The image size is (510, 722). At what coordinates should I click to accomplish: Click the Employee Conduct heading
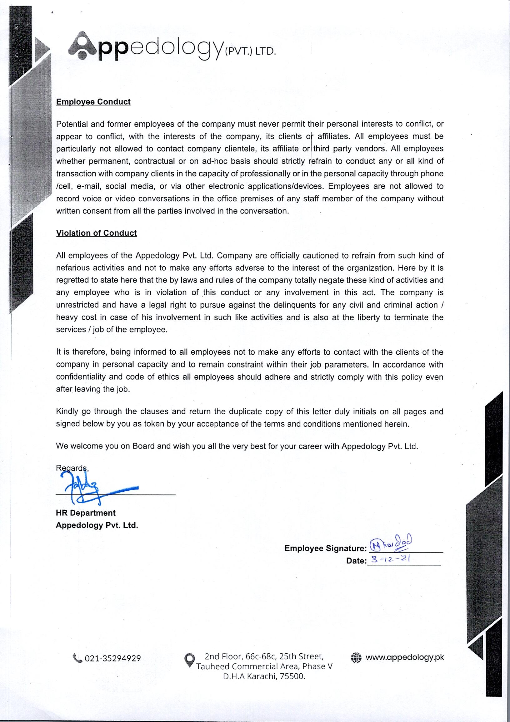93,102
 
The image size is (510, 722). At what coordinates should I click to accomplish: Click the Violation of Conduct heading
96,233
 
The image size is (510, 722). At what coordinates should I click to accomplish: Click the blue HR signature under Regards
85,488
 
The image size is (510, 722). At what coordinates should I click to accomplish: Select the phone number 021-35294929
113,659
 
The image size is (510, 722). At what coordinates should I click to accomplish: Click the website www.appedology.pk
405,657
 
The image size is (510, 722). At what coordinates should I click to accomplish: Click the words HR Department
86,513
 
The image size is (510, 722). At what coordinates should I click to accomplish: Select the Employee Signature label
325,548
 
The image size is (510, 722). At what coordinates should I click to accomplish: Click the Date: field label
356,561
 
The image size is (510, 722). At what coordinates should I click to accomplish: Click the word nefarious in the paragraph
72,268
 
